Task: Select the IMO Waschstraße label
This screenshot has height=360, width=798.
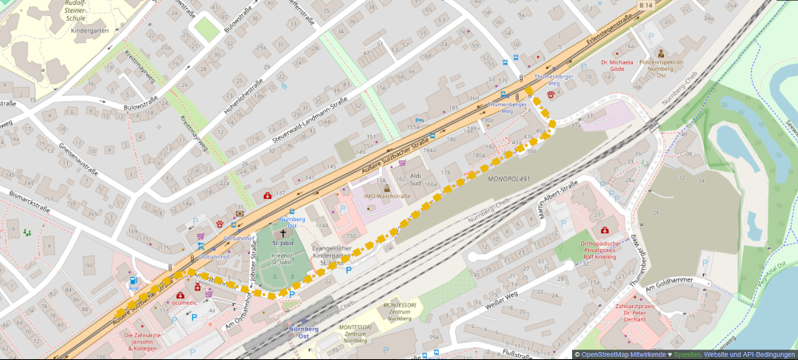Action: tap(387, 196)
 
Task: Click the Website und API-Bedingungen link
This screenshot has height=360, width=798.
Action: tap(749, 354)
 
